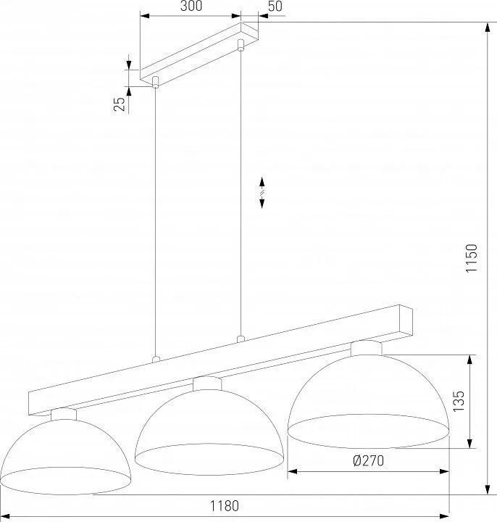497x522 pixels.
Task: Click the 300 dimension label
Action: point(191,6)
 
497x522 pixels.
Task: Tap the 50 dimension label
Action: point(275,6)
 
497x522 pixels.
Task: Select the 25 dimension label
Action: point(120,104)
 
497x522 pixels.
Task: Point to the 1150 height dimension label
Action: point(472,258)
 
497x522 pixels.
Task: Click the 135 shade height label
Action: point(458,401)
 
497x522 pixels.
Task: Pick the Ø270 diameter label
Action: point(368,461)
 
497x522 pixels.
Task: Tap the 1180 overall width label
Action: point(224,506)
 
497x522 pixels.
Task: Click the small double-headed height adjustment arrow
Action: point(262,193)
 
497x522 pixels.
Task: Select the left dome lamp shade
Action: point(65,457)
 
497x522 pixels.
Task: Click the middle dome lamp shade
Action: point(209,432)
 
